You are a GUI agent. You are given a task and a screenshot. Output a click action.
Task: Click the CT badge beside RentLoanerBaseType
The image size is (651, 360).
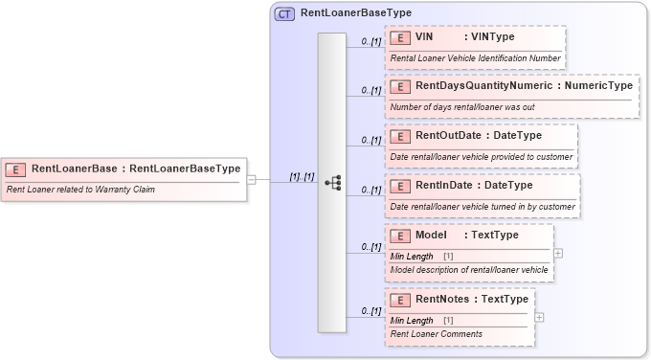[x=284, y=14]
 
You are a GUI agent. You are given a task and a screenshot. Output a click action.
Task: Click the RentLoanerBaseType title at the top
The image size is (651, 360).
[x=355, y=14]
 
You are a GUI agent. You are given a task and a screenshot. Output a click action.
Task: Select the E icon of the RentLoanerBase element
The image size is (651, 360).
[x=16, y=169]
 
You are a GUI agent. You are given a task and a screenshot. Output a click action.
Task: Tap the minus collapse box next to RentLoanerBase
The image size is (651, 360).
[x=251, y=178]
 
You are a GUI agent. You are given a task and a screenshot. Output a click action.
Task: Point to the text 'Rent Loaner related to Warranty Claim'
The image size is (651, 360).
[x=80, y=190]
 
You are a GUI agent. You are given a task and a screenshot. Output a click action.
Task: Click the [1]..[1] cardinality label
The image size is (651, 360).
[x=302, y=177]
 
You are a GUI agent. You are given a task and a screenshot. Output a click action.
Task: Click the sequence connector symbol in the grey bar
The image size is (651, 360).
[x=332, y=182]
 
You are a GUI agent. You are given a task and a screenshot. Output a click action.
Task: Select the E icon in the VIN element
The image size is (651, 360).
[x=400, y=37]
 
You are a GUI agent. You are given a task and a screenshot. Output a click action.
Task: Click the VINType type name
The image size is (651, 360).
[x=493, y=37]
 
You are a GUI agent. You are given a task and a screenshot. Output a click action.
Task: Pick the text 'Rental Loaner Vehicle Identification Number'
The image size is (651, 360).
[x=475, y=58]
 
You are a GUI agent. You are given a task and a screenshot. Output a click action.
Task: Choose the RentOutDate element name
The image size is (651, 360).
[x=446, y=136]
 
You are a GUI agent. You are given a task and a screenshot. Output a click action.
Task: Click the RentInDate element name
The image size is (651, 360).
[x=442, y=185]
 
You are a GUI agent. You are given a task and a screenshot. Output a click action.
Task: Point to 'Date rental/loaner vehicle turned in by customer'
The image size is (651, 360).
[x=483, y=206]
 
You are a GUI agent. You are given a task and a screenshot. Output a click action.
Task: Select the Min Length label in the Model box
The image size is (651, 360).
[x=413, y=257]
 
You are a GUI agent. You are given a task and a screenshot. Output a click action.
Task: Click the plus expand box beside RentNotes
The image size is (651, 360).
[x=539, y=317]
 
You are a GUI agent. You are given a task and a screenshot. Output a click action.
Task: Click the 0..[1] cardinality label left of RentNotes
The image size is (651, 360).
[x=371, y=310]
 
